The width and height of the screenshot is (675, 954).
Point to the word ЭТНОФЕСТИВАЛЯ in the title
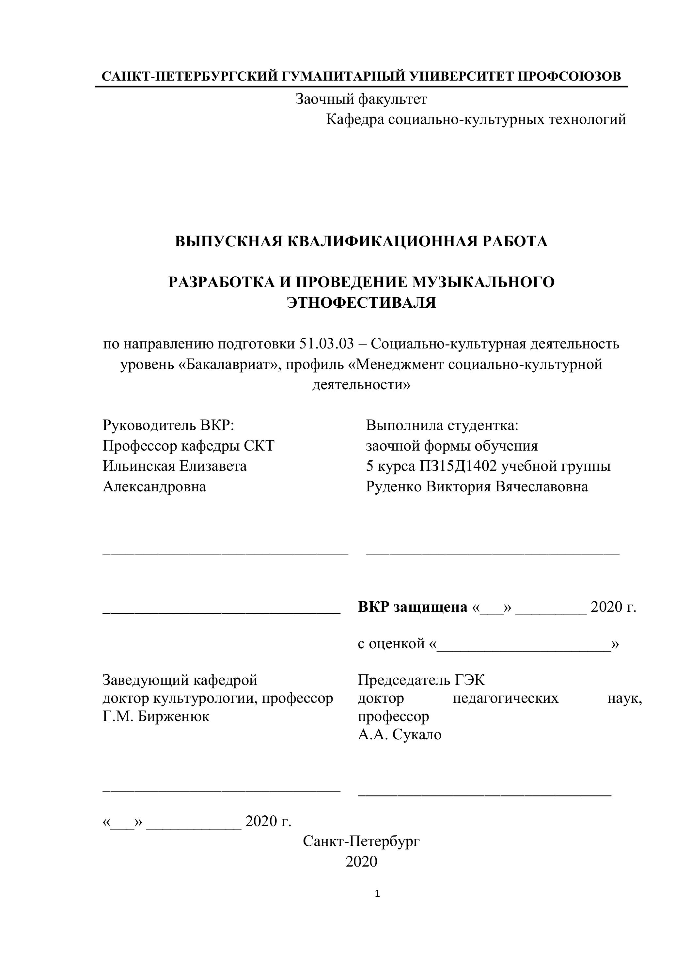[361, 302]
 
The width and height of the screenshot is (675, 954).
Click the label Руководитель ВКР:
[168, 425]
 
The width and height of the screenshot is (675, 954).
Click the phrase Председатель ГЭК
[421, 680]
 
